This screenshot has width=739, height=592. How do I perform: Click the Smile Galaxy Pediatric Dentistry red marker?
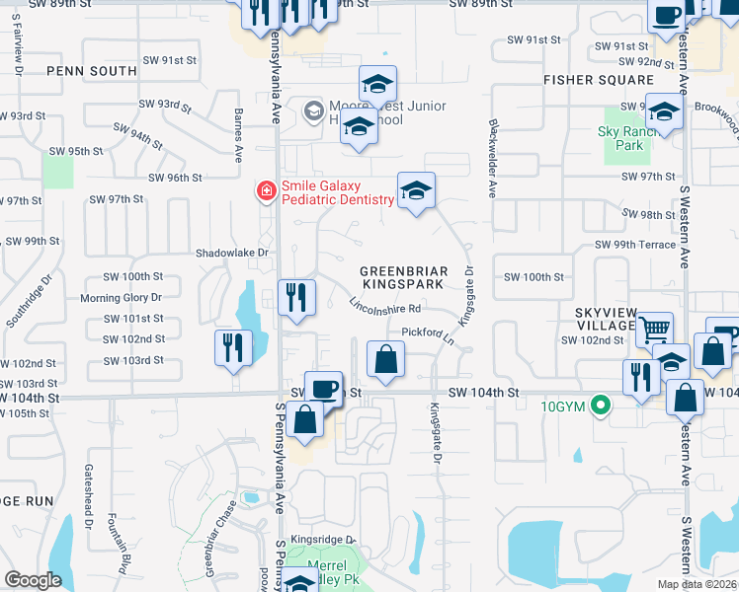coord(266,190)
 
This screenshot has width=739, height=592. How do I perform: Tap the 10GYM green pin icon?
coord(598,405)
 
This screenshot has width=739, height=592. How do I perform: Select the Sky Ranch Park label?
coord(620,138)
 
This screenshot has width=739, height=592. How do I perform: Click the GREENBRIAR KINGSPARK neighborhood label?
coord(404,277)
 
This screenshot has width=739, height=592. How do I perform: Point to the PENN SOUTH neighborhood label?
coord(91,71)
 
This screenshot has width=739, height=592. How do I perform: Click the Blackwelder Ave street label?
coord(491,158)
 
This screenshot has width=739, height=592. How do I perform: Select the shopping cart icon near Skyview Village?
coord(653,329)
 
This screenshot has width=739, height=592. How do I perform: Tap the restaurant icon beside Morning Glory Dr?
coord(296,296)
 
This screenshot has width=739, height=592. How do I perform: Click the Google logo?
coord(34,580)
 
